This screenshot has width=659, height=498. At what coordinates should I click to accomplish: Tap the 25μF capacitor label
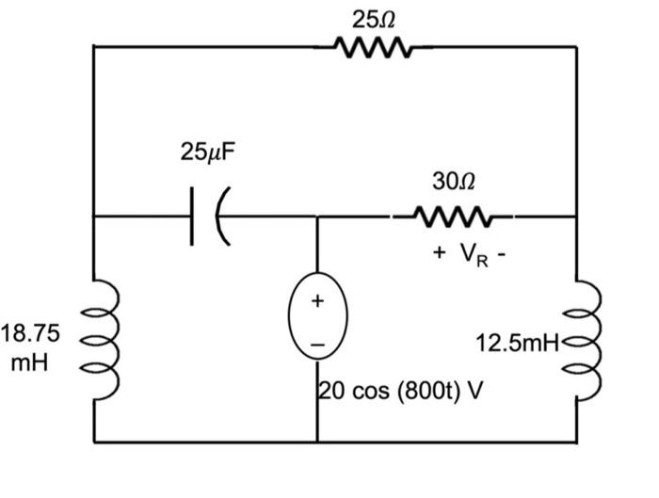tap(204, 152)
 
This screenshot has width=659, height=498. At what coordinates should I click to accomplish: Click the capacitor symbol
tap(208, 217)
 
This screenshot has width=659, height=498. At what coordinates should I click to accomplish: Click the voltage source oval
tap(317, 325)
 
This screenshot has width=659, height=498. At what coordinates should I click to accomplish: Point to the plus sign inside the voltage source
tap(317, 301)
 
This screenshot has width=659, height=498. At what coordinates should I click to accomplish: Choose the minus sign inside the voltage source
tap(317, 347)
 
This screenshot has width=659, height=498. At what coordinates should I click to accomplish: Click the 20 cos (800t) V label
tap(401, 391)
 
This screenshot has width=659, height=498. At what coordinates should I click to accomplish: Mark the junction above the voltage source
tap(317, 217)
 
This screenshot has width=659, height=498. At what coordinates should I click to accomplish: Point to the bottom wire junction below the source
tap(317, 441)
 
